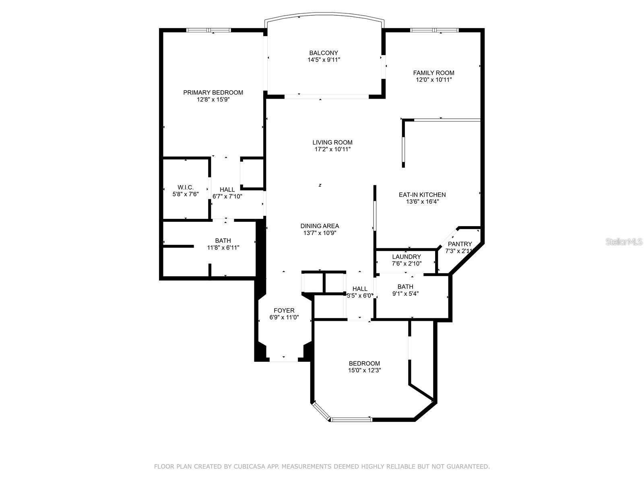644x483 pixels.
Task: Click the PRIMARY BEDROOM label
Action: tap(213, 93)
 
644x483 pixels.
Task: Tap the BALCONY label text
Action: tap(323, 53)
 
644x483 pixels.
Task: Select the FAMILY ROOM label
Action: tap(433, 73)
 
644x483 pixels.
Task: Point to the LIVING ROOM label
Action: tap(332, 142)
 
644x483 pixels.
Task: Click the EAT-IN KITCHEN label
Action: tap(422, 195)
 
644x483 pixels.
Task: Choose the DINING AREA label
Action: tap(320, 226)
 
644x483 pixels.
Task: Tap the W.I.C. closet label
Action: tap(186, 188)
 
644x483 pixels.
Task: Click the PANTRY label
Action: tap(460, 244)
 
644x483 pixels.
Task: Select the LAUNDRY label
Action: tap(407, 257)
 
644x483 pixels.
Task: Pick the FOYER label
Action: tap(284, 311)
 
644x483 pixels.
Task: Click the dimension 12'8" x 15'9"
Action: tap(213, 100)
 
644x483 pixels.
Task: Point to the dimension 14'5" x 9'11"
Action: tap(324, 60)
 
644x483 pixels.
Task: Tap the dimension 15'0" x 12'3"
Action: tap(364, 370)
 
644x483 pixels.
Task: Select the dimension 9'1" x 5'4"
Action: tap(405, 294)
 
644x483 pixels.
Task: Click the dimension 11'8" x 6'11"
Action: tap(223, 248)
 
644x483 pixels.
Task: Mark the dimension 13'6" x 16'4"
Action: tap(422, 202)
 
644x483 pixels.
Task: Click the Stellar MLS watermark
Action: tap(624, 242)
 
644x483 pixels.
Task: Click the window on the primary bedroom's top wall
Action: tap(208, 30)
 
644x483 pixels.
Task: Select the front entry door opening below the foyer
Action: tap(284, 359)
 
